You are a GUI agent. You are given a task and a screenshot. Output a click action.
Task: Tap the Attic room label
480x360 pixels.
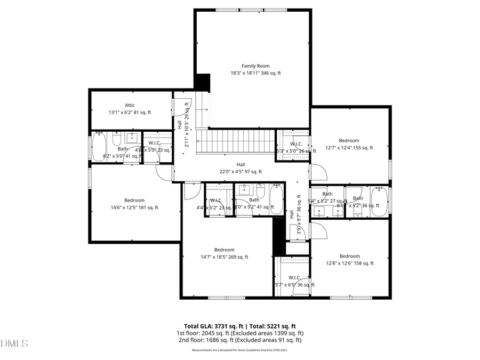click(130, 105)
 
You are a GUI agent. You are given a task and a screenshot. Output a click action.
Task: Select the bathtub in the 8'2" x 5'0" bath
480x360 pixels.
click(100, 148)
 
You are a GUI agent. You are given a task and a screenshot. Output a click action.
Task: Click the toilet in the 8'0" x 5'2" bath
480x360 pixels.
click(261, 191)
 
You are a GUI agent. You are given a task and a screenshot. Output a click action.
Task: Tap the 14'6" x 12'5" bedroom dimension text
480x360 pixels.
click(134, 208)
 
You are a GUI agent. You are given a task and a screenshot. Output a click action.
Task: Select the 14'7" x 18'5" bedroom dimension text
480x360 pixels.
click(224, 257)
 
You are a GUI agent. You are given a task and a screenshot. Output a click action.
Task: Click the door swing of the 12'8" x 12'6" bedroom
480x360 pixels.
click(318, 230)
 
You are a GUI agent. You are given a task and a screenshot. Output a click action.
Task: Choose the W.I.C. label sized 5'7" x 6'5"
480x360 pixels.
click(294, 277)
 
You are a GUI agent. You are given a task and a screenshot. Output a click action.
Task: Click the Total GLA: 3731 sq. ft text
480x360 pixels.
click(211, 326)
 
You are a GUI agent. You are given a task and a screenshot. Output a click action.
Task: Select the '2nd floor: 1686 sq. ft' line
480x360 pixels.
click(239, 340)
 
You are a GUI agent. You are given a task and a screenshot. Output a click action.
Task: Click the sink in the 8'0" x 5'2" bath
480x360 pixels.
click(244, 189)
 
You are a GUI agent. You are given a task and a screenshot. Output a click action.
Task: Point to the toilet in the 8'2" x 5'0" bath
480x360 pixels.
click(116, 140)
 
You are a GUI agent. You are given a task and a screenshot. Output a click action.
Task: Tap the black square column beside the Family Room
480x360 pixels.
click(202, 82)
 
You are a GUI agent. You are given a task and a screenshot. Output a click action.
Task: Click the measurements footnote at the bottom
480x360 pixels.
click(239, 350)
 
